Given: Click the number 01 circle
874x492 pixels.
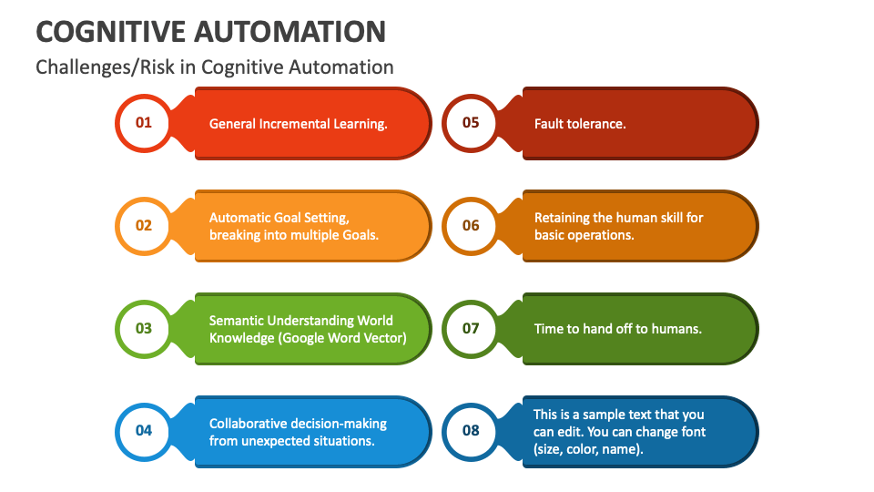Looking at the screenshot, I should point(143,123).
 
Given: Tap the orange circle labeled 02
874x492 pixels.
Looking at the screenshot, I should point(143,225).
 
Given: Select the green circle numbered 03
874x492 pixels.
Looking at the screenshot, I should point(143,328).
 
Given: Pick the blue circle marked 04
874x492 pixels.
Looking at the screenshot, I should point(143,430).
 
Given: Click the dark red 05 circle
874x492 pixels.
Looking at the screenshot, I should point(470,123).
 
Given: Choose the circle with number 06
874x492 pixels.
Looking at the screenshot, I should point(470,225).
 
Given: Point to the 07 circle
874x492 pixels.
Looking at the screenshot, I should point(470,328).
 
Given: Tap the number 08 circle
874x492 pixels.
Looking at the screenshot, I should point(470,430).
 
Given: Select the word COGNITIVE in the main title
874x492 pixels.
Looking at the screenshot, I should point(110,31).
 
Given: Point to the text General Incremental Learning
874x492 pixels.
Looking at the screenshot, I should point(298,124).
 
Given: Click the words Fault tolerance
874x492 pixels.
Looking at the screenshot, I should point(579,124).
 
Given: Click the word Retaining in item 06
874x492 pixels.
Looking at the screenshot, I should point(562,218).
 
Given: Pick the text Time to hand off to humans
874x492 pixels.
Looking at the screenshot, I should point(617,329).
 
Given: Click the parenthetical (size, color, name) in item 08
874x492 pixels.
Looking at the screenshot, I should point(588,448).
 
